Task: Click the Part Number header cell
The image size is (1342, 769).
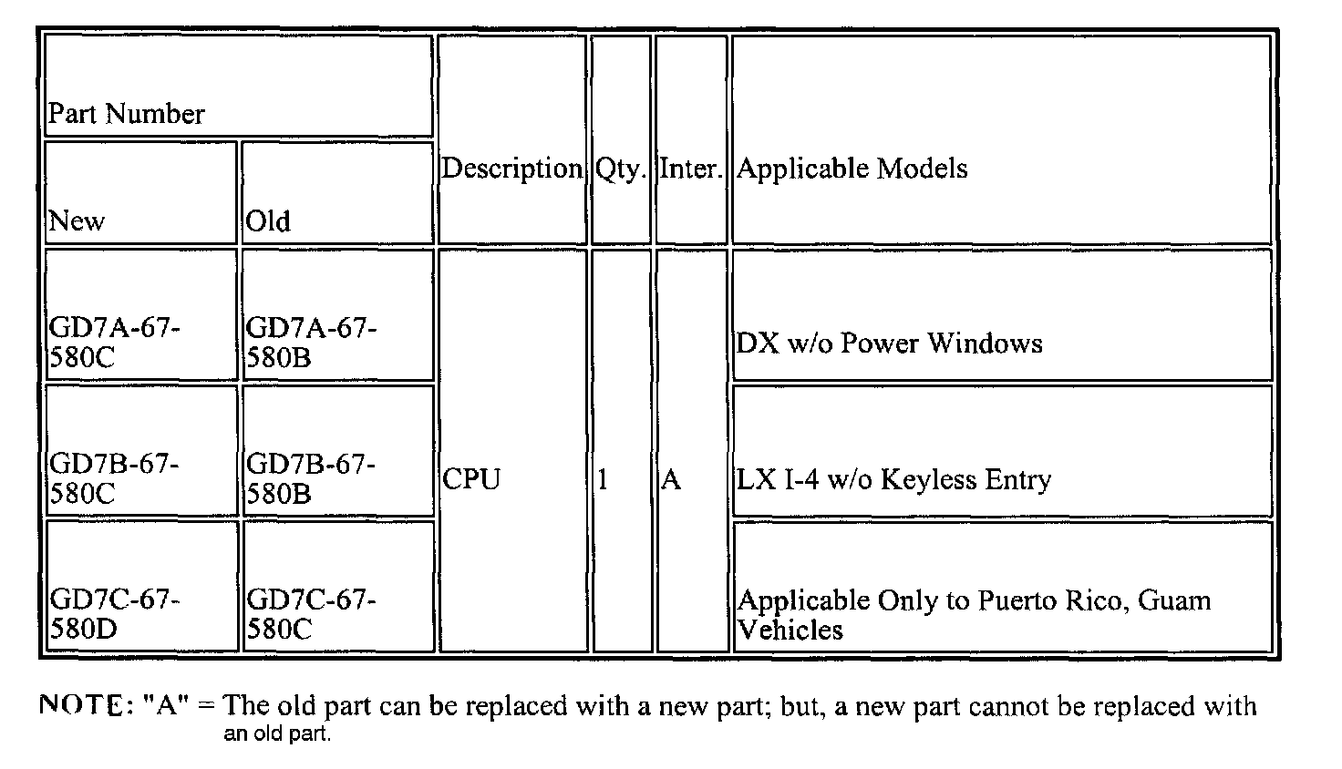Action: pyautogui.click(x=127, y=114)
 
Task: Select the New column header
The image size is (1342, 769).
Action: pyautogui.click(x=77, y=220)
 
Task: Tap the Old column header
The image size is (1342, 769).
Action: pyautogui.click(x=268, y=220)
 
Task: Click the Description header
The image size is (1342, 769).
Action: pyautogui.click(x=511, y=169)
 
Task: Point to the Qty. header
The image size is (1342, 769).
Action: pyautogui.click(x=621, y=169)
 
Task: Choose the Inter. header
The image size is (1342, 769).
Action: pyautogui.click(x=691, y=169)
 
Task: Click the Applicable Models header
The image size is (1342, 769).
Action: pyautogui.click(x=852, y=169)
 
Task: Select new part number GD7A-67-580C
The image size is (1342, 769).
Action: pyautogui.click(x=115, y=342)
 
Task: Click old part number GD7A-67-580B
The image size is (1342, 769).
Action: pyautogui.click(x=311, y=342)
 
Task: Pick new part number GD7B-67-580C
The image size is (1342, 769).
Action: pyautogui.click(x=114, y=478)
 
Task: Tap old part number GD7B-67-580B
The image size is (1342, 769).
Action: pyautogui.click(x=311, y=478)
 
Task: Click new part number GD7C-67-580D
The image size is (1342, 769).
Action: pyautogui.click(x=115, y=614)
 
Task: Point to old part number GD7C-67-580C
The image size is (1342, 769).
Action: pyautogui.click(x=311, y=614)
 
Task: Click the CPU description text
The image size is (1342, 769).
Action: pyautogui.click(x=471, y=479)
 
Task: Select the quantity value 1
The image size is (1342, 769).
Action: pyautogui.click(x=603, y=479)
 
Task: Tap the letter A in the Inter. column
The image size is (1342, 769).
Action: pyautogui.click(x=671, y=479)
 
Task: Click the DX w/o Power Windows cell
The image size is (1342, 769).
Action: pyautogui.click(x=889, y=343)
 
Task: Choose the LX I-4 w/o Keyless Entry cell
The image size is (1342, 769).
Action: pyautogui.click(x=893, y=479)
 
